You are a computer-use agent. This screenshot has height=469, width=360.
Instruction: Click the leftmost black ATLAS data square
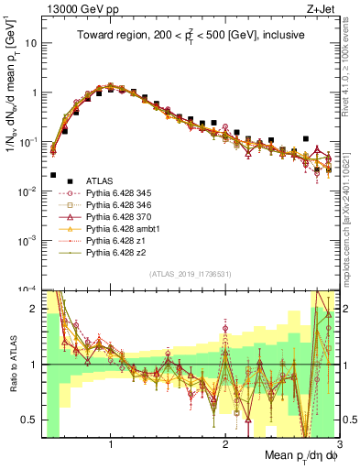click(53, 175)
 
